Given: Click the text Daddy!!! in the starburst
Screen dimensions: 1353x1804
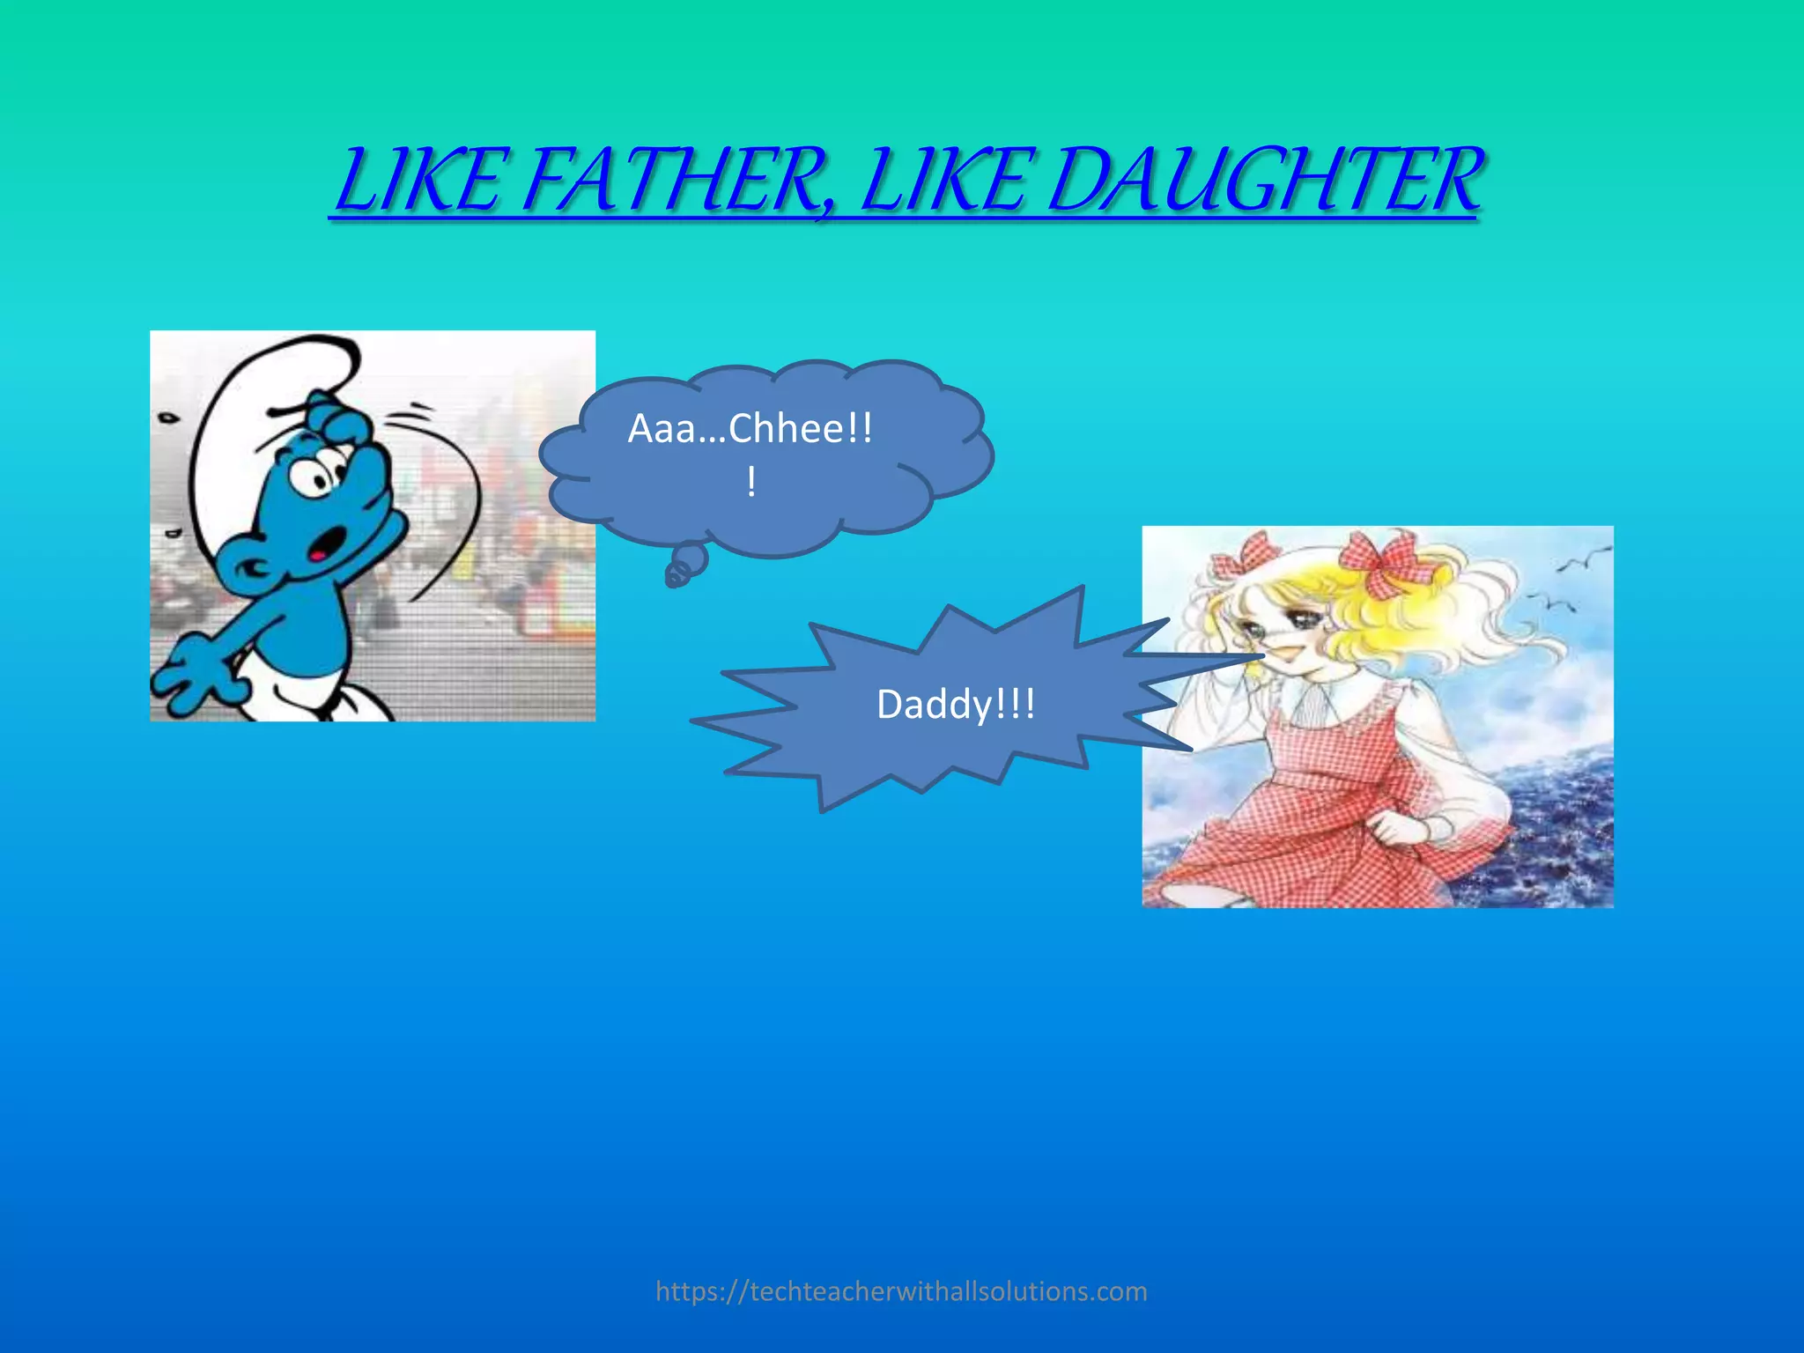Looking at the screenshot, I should pyautogui.click(x=956, y=705).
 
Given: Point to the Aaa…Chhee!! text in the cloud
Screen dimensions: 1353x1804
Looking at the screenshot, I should pyautogui.click(x=750, y=430).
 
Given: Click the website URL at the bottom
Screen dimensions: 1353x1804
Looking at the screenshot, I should pyautogui.click(x=901, y=1291).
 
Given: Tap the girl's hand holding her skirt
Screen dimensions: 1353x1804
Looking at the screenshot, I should pyautogui.click(x=1401, y=828).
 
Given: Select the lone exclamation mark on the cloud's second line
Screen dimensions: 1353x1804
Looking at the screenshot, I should pyautogui.click(x=750, y=483).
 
